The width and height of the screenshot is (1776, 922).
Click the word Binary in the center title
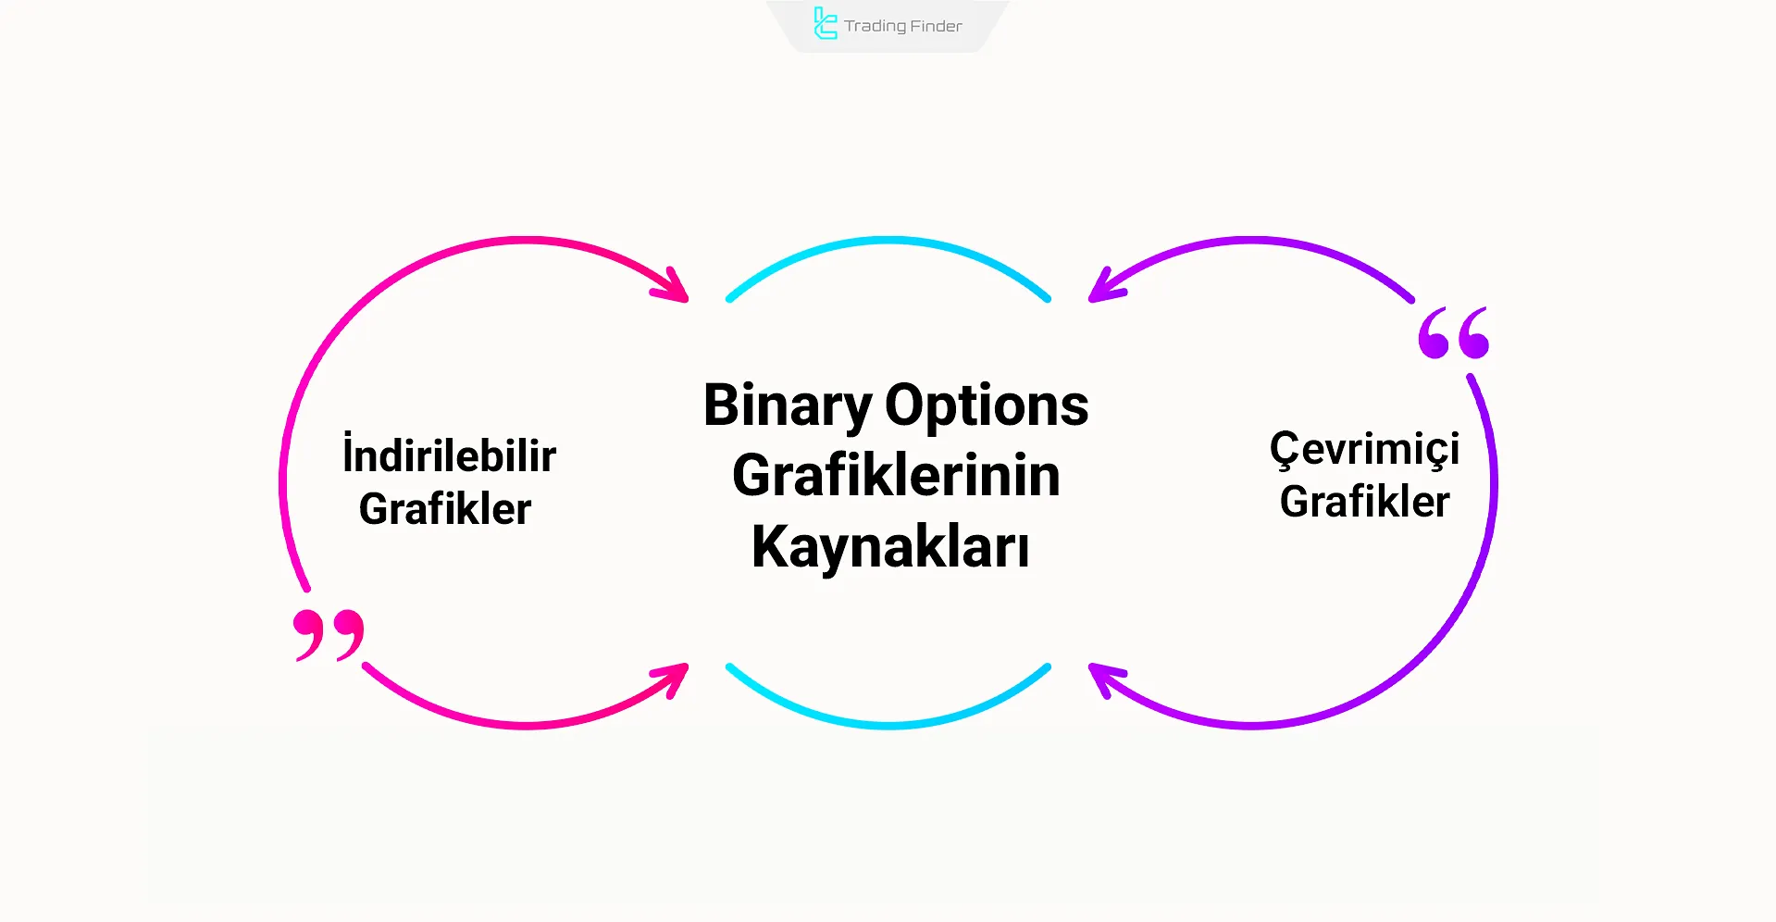[x=787, y=406]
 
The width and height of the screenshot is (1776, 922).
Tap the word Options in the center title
[x=987, y=406]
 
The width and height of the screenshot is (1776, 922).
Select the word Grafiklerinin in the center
[x=896, y=477]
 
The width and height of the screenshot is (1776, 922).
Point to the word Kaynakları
[x=890, y=547]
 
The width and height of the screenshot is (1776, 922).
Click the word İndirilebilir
[x=450, y=455]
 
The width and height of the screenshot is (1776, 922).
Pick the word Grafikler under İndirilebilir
[x=445, y=509]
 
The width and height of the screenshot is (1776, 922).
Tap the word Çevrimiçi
[x=1364, y=449]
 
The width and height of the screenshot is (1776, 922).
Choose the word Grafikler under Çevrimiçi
[x=1364, y=502]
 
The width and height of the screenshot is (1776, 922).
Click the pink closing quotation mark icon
[x=329, y=634]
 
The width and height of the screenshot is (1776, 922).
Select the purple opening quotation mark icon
[x=1453, y=333]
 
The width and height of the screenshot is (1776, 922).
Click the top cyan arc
[x=888, y=241]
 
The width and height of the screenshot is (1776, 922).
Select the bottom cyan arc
[x=888, y=725]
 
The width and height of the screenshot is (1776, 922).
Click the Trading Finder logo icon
[x=825, y=24]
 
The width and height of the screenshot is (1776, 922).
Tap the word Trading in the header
[x=875, y=26]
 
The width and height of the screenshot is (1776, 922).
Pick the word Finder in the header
[x=936, y=26]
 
